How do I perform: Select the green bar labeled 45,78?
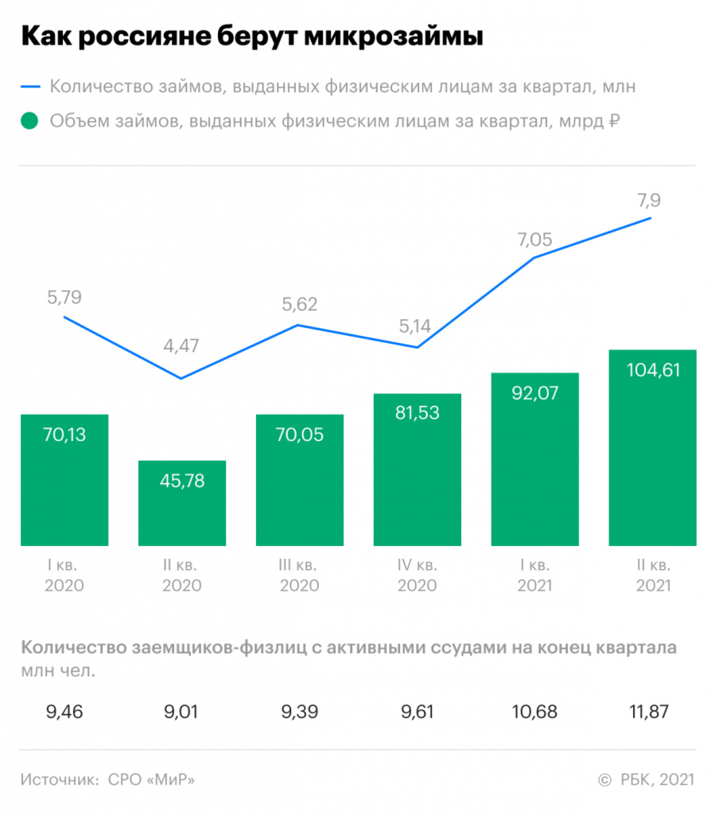182,509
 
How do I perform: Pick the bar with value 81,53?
418,478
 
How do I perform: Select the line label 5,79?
64,298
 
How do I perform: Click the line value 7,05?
534,239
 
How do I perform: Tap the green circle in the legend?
29,122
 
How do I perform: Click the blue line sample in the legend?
29,86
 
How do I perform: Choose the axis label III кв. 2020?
300,575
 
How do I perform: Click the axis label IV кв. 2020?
418,575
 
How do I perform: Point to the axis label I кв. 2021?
534,575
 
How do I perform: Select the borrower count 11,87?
651,711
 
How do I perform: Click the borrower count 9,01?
182,711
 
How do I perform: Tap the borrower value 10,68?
534,711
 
